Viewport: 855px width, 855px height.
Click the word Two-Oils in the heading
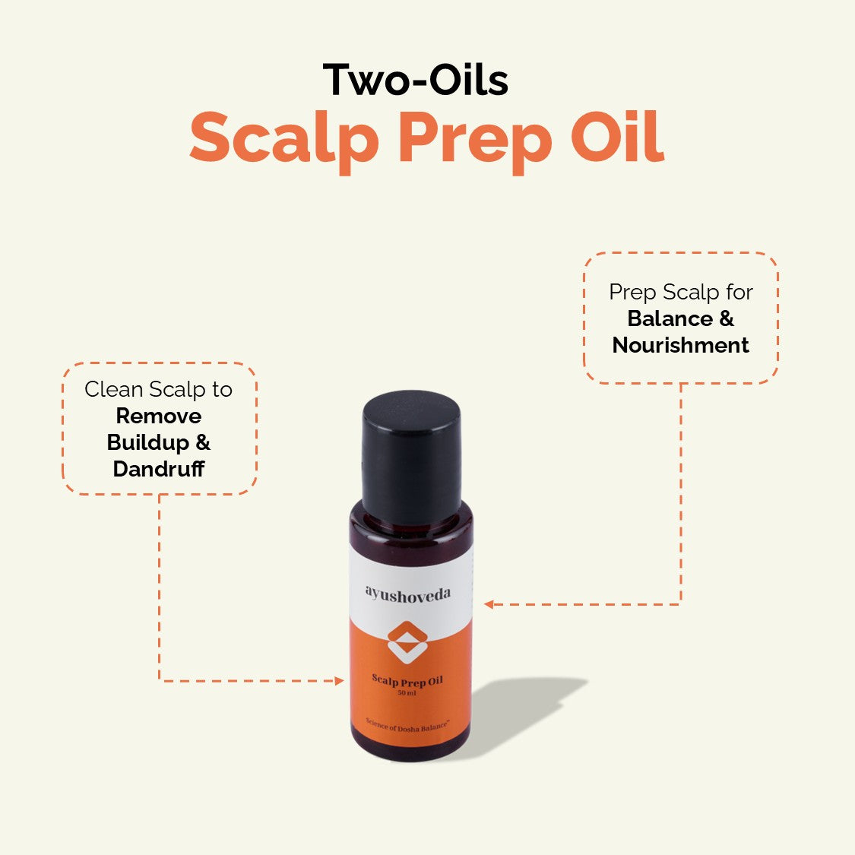pos(416,80)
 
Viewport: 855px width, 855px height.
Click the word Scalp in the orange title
pos(283,139)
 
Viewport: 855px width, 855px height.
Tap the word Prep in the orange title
pos(474,139)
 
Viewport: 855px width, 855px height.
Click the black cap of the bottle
pos(411,456)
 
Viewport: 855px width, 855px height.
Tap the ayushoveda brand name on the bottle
pos(407,594)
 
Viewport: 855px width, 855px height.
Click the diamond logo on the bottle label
pos(407,641)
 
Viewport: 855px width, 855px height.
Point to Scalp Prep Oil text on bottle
pos(407,681)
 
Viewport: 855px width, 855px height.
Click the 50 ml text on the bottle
pos(407,693)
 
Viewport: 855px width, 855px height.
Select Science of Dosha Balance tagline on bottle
pos(407,725)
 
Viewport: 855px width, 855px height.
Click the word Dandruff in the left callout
pos(158,469)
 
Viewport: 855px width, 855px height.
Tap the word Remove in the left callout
pos(158,416)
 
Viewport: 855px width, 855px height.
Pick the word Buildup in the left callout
pos(147,442)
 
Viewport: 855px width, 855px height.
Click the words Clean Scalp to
pos(158,389)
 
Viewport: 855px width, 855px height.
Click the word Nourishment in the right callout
pos(680,345)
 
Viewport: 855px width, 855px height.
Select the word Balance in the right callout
pos(670,318)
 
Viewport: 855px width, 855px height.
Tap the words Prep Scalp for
pos(680,292)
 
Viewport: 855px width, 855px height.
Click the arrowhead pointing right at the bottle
pos(340,681)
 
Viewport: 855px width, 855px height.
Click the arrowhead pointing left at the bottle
pos(489,605)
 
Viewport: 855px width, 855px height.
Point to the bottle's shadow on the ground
pos(524,707)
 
